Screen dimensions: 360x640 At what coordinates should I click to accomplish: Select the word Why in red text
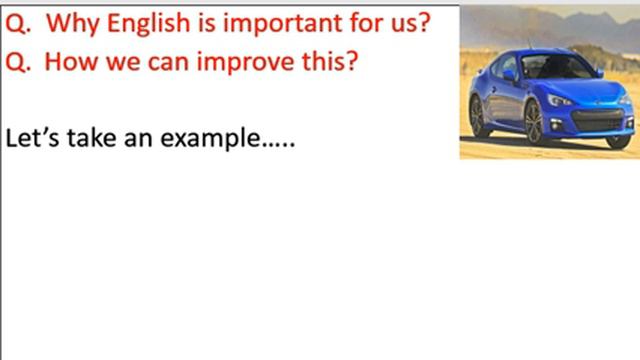click(x=75, y=21)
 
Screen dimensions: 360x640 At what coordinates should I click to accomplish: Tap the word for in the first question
click(x=374, y=21)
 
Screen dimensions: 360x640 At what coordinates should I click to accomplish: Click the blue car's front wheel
click(x=533, y=122)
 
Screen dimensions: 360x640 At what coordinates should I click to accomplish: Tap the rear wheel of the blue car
click(x=479, y=114)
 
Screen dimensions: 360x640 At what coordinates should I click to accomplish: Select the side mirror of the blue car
click(x=511, y=75)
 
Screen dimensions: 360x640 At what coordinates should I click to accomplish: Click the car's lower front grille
click(x=597, y=122)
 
